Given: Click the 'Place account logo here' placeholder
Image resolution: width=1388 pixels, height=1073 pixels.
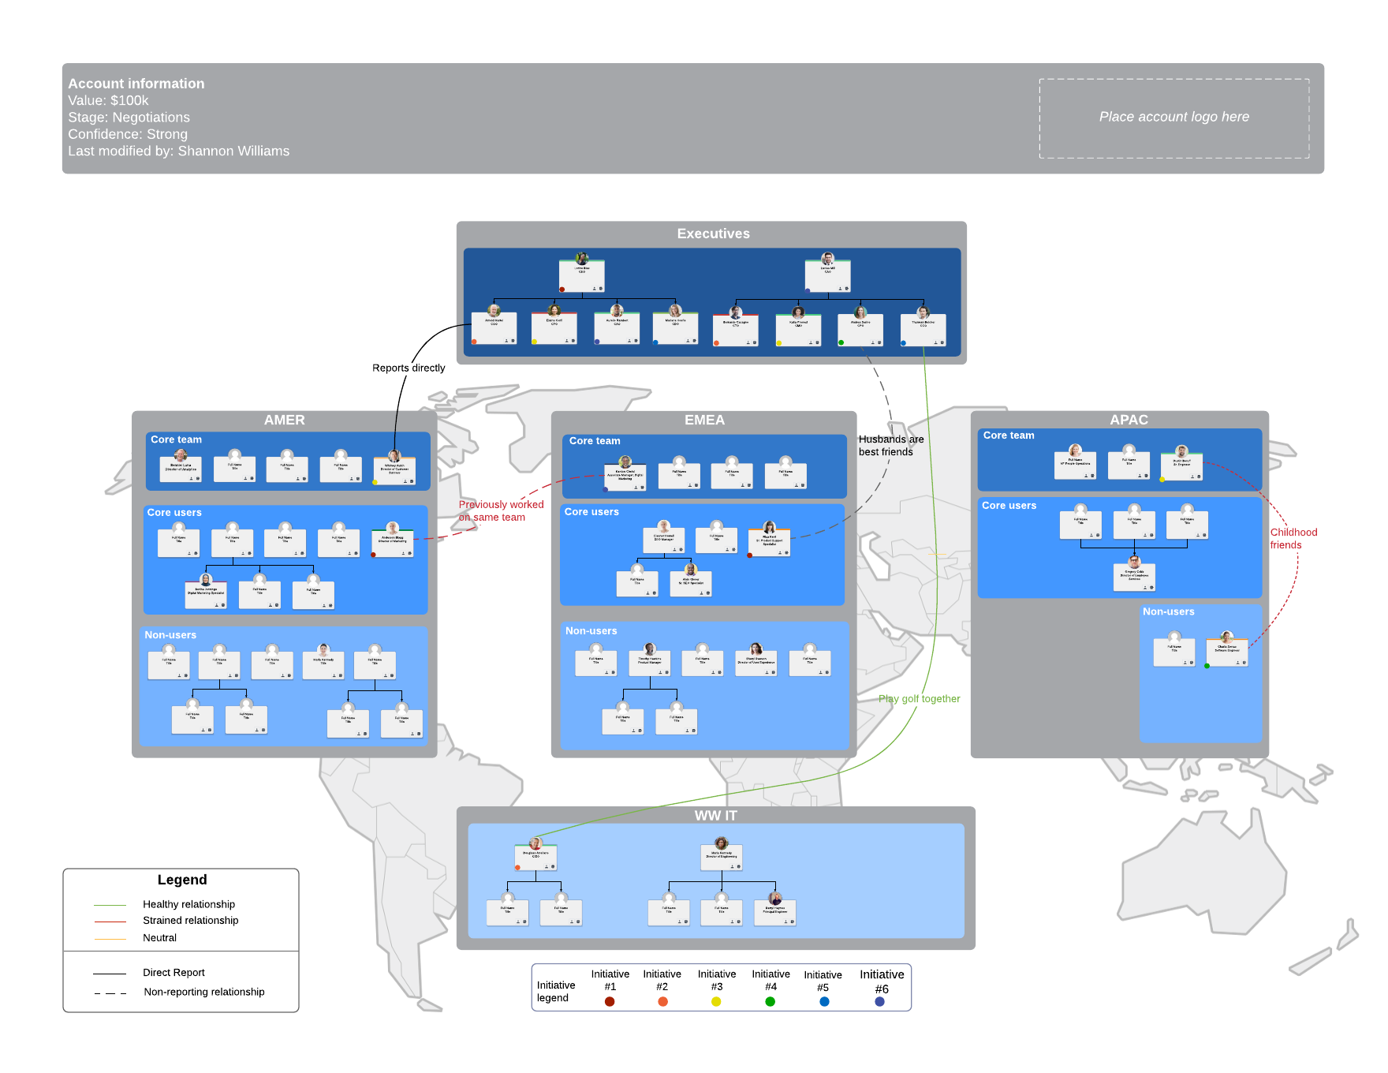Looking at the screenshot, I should coord(1173,118).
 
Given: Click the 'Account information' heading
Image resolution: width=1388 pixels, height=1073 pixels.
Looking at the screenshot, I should coord(136,84).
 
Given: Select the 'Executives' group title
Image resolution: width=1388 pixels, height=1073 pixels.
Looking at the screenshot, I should coord(713,234).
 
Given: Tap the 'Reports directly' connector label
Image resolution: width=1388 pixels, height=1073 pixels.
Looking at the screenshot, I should coord(409,368).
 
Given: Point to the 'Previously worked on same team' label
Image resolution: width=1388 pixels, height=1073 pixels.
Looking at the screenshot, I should coord(501,510).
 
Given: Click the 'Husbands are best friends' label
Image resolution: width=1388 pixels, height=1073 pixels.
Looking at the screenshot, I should coord(890,446).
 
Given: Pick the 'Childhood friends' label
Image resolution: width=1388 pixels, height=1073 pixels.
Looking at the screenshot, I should coord(1293,538).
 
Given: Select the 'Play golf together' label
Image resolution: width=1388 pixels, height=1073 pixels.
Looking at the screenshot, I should coord(919,698).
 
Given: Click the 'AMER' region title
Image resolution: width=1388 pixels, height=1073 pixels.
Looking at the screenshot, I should coord(284,420).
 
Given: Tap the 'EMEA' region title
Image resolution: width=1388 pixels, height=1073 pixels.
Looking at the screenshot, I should coord(704,420).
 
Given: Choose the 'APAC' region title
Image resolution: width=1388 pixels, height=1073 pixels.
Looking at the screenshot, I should coord(1129,420).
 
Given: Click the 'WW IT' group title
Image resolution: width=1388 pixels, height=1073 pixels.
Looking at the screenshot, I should coord(715,815).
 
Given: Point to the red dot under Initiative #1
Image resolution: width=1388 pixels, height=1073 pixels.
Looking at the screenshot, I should coord(610,1001).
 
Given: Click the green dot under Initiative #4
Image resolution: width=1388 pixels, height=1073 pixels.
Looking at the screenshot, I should coord(770,1001).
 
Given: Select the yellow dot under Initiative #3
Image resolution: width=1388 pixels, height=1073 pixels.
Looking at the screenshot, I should coord(716,1001).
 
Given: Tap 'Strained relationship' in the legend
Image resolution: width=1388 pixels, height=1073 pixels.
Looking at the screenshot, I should coord(190,921).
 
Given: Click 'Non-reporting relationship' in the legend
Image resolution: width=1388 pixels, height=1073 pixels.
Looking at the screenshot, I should coord(203,992).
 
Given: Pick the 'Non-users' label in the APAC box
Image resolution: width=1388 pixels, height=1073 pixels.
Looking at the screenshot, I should coord(1168,611).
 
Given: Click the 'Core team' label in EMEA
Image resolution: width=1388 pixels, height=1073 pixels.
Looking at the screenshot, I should coord(595,441).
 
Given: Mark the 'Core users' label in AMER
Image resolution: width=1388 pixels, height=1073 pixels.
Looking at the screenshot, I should coord(174,513).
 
